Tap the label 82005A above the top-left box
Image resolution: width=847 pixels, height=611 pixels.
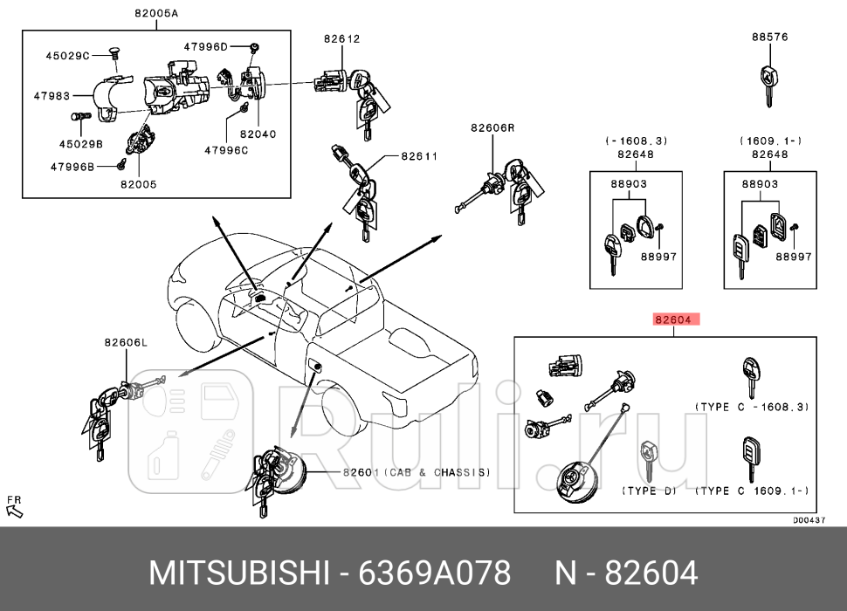(156, 13)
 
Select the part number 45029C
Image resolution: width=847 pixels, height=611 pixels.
(67, 56)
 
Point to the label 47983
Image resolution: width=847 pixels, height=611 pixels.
(52, 95)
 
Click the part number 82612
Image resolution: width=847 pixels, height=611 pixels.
(341, 38)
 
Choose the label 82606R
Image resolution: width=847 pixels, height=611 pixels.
(492, 127)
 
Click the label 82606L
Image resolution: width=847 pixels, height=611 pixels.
(126, 343)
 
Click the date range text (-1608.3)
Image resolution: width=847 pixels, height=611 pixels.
(636, 141)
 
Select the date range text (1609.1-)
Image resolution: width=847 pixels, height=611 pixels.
(770, 141)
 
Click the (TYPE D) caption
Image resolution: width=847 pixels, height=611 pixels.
(649, 491)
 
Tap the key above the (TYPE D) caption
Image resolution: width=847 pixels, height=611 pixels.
(648, 461)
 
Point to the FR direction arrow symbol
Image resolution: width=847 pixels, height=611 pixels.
(14, 507)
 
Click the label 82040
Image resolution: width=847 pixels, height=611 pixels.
(258, 134)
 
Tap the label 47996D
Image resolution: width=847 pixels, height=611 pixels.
(205, 45)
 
